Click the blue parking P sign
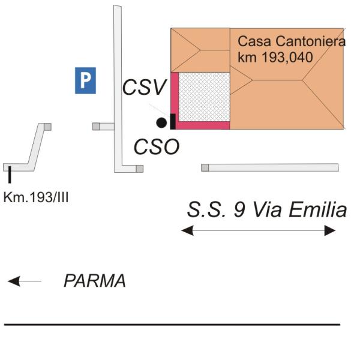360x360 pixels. click(x=85, y=80)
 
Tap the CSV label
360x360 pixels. click(x=143, y=88)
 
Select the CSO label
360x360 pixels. click(x=156, y=147)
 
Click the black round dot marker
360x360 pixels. click(x=161, y=123)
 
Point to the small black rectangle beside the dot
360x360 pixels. click(x=173, y=121)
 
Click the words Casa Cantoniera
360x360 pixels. click(x=292, y=42)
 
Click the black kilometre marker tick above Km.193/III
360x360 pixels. click(x=10, y=175)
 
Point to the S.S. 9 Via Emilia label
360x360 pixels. click(x=266, y=210)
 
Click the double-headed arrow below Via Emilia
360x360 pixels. click(x=259, y=230)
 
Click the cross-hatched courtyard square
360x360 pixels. click(x=205, y=97)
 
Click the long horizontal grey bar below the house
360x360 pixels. click(x=270, y=167)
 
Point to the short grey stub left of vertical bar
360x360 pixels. click(x=103, y=127)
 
